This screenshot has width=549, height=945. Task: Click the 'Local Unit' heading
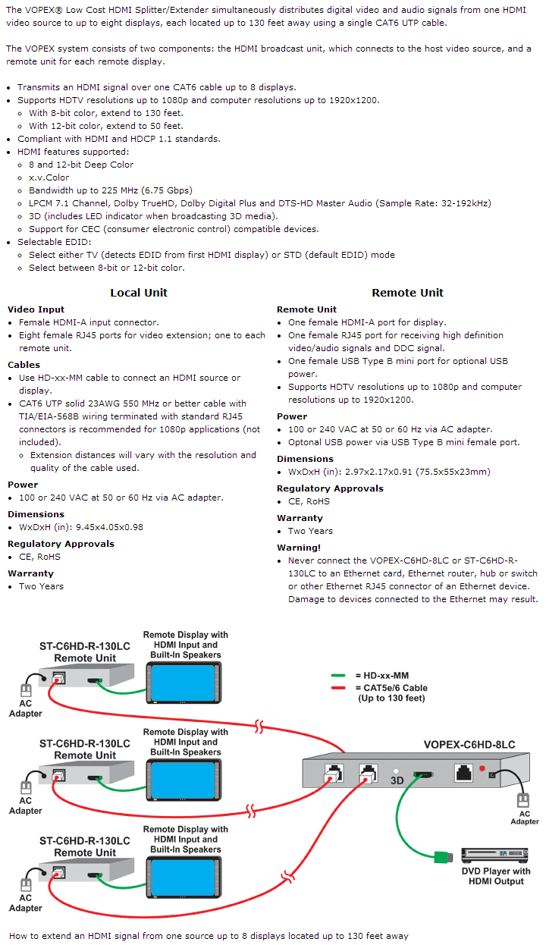(x=139, y=293)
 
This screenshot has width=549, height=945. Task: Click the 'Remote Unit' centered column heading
(x=407, y=293)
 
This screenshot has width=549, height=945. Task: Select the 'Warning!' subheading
(x=299, y=547)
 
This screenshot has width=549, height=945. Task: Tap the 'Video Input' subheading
(x=36, y=309)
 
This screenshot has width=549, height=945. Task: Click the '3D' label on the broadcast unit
(x=396, y=779)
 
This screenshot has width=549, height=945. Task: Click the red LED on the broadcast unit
(x=481, y=769)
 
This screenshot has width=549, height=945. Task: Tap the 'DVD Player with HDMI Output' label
(x=496, y=876)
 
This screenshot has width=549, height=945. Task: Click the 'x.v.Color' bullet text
(x=49, y=177)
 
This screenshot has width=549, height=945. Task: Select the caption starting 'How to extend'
(x=209, y=936)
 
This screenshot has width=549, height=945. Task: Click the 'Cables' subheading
(x=24, y=365)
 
